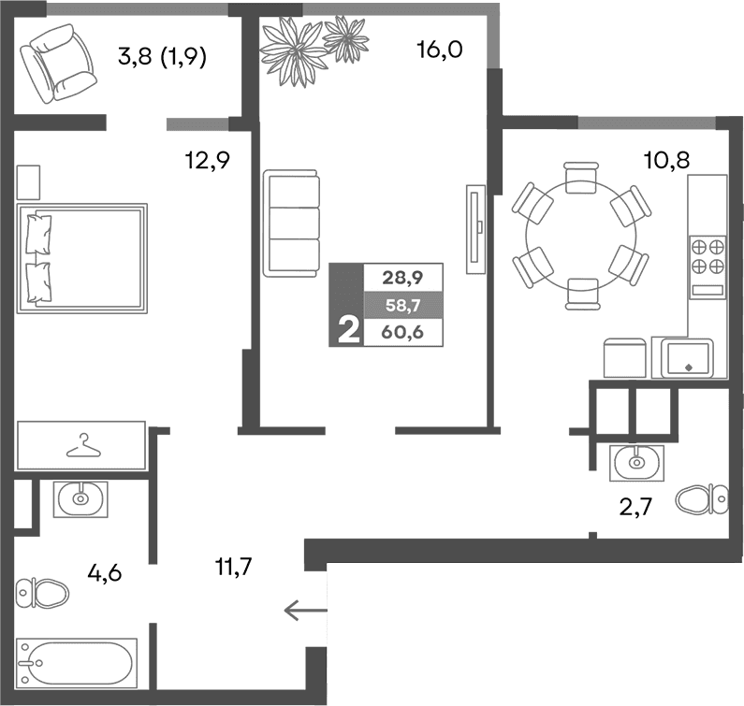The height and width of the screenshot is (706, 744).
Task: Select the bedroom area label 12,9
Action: pyautogui.click(x=207, y=162)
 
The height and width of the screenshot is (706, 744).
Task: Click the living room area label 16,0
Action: pyautogui.click(x=440, y=50)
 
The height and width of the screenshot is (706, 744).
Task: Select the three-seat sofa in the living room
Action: pyautogui.click(x=291, y=223)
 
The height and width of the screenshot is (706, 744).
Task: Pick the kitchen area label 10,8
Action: pyautogui.click(x=666, y=161)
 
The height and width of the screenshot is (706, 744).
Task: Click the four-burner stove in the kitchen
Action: pyautogui.click(x=708, y=255)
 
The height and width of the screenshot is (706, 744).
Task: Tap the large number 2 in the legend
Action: pyautogui.click(x=347, y=331)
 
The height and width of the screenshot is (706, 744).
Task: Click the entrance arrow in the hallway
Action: pyautogui.click(x=304, y=612)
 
